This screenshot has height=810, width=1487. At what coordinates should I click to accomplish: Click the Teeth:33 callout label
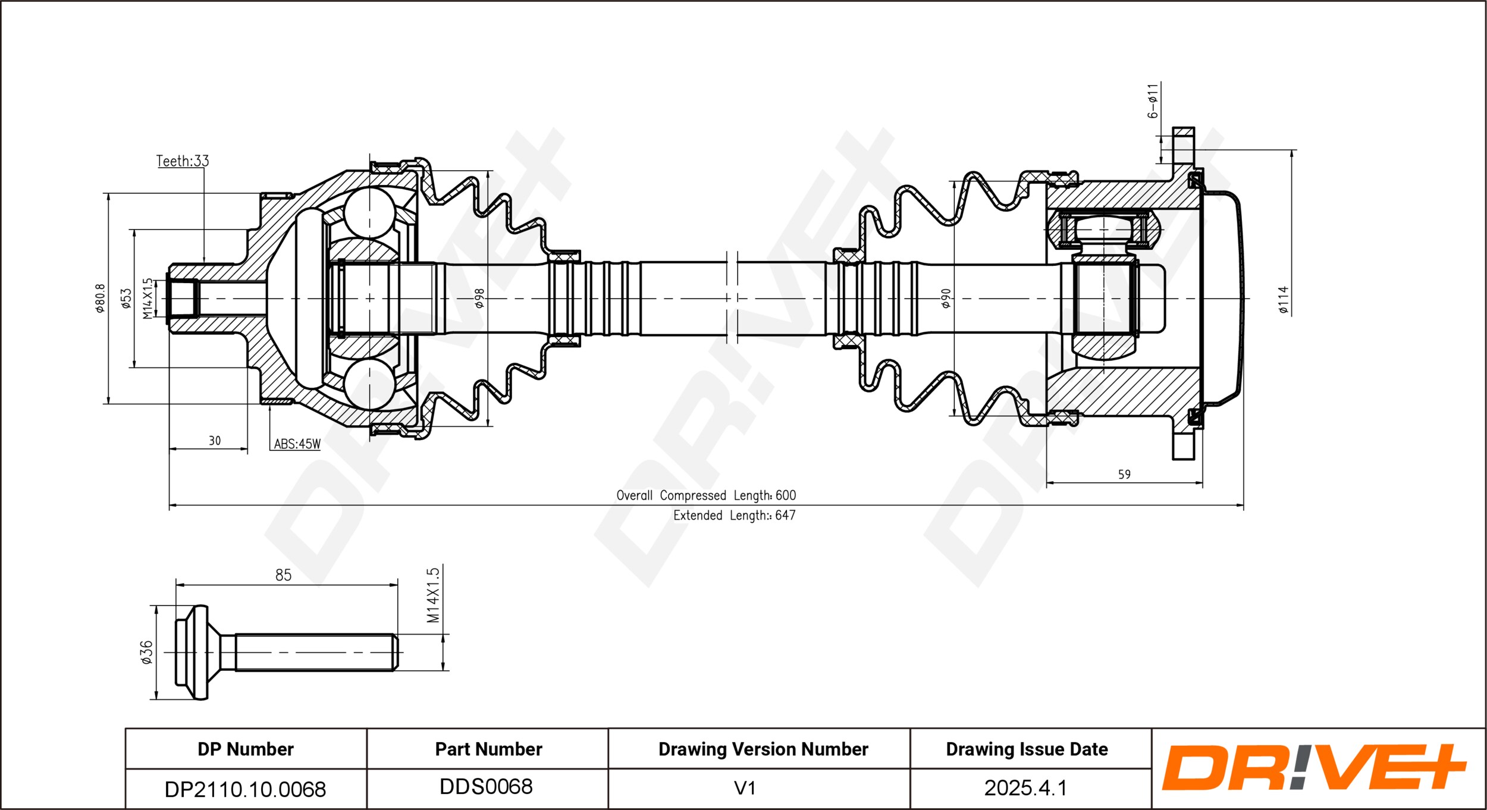point(183,161)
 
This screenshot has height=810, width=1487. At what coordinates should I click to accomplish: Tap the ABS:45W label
point(297,444)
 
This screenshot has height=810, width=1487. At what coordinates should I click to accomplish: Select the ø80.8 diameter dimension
point(101,299)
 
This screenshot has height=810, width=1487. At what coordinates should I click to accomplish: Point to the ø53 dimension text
point(126,299)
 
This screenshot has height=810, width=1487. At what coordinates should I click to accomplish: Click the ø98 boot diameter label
point(479,299)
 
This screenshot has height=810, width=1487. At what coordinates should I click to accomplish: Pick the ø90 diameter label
point(946,299)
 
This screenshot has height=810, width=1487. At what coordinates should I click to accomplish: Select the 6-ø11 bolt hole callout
point(1153,101)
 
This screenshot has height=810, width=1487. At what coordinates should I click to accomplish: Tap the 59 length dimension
point(1124,475)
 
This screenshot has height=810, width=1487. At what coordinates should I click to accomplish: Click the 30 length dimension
point(215,441)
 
